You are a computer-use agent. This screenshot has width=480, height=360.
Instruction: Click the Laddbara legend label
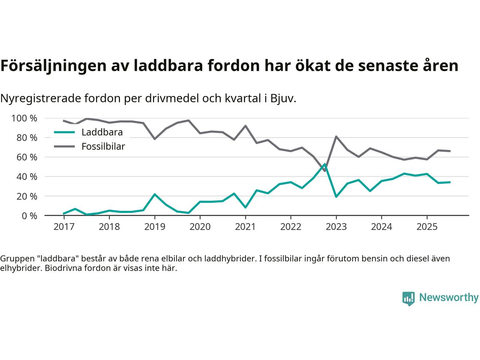[102, 132]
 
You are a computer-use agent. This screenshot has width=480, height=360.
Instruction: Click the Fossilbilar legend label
[103, 147]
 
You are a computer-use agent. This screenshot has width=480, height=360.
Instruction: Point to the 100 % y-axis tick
[24, 118]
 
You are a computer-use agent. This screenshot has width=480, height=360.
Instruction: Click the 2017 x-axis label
[64, 227]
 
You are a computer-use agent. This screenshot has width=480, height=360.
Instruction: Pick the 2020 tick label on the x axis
[200, 227]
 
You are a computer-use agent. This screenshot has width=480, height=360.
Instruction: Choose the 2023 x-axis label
[336, 227]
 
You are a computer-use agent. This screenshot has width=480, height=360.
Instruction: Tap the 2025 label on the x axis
[427, 227]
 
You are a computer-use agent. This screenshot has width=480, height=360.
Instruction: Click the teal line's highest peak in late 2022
[324, 164]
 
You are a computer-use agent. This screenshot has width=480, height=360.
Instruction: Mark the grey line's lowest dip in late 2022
[324, 171]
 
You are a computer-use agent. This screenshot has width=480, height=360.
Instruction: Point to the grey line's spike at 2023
[336, 136]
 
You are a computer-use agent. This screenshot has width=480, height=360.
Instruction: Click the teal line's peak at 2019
[154, 194]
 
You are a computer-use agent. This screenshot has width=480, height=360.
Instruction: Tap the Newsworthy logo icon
[408, 298]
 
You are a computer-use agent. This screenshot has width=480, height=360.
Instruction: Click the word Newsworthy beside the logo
[448, 298]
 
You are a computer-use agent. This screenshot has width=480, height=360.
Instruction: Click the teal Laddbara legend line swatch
[64, 132]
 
